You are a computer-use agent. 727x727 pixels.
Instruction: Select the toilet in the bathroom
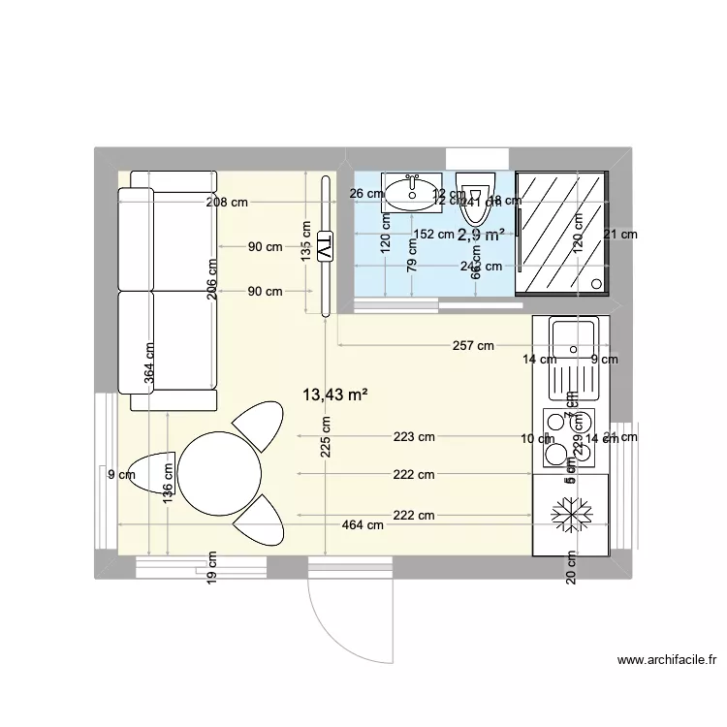click(x=475, y=190)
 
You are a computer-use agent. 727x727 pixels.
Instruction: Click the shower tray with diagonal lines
click(x=562, y=231)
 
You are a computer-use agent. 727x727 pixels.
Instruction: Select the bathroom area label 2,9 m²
click(x=480, y=235)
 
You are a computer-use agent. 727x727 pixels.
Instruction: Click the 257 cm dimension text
click(x=473, y=346)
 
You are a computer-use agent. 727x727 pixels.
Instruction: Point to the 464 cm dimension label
click(x=363, y=524)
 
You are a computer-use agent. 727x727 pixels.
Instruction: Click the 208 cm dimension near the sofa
click(x=226, y=203)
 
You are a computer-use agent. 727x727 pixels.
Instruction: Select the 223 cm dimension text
click(x=413, y=437)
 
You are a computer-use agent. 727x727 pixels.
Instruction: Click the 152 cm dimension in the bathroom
click(x=432, y=234)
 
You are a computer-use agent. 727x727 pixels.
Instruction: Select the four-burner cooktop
click(x=570, y=436)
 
